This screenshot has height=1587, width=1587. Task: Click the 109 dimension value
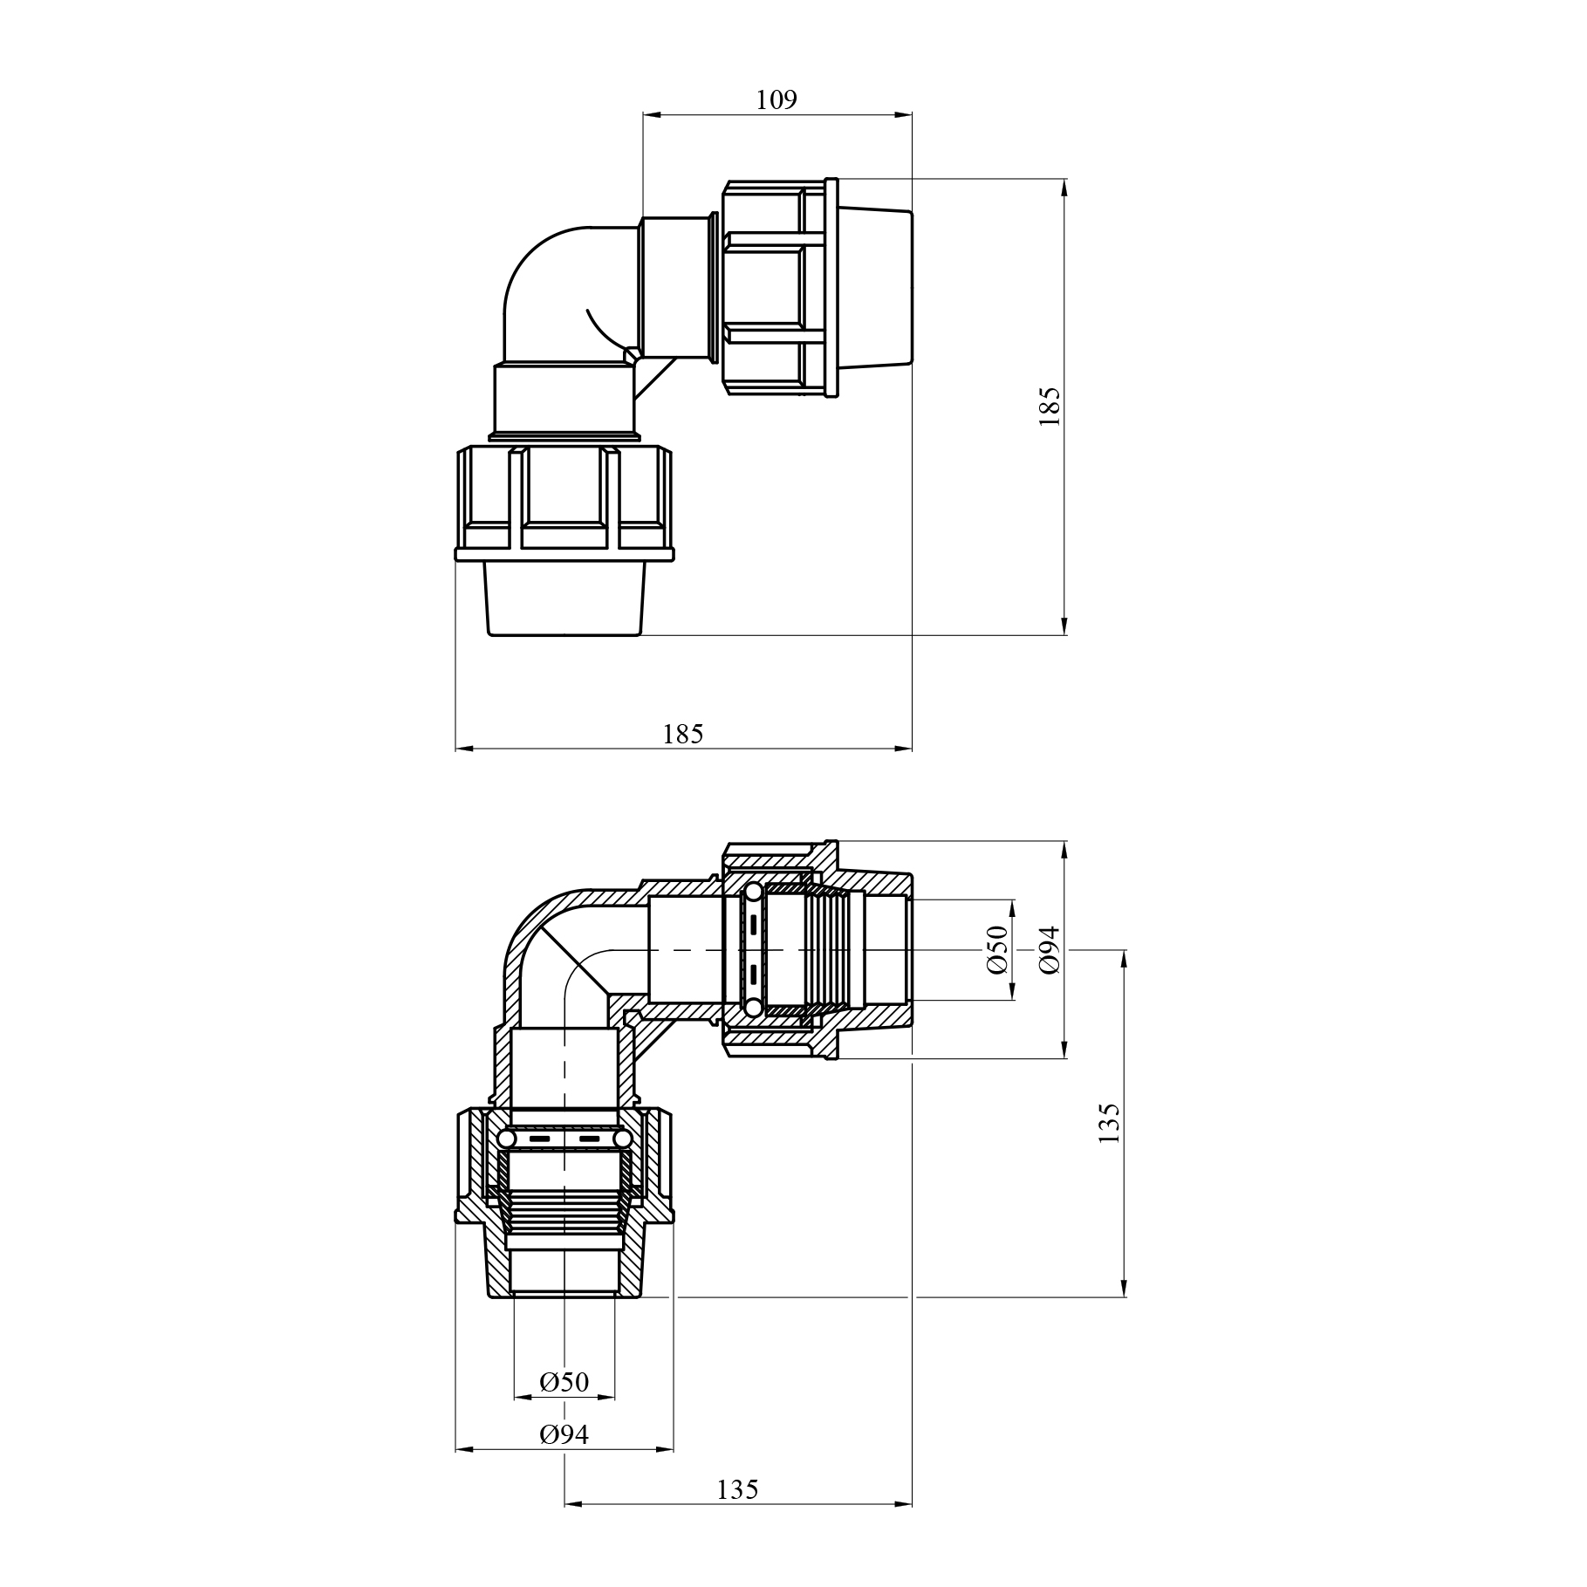[x=776, y=100]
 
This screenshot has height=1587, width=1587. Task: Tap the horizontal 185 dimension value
[x=682, y=734]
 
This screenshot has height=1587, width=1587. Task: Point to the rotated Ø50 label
[x=997, y=949]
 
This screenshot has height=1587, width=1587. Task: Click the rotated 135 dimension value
[x=1108, y=1124]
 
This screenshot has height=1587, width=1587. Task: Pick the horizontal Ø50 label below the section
[x=564, y=1382]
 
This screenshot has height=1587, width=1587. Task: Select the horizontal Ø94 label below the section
[x=564, y=1433]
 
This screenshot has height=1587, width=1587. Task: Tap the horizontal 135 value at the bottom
[x=738, y=1488]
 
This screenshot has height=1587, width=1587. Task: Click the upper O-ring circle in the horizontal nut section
[x=750, y=892]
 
